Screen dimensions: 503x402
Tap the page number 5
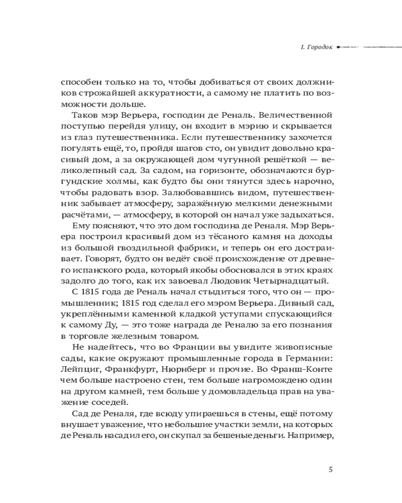330,470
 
